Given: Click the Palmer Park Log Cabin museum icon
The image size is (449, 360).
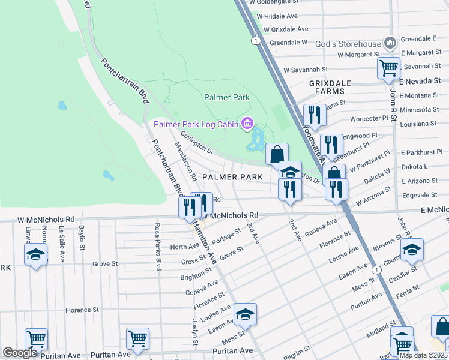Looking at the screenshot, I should [x=246, y=124].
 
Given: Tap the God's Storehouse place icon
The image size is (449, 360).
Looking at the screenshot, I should [x=391, y=43].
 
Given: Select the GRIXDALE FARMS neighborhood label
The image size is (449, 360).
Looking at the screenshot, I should [x=327, y=87].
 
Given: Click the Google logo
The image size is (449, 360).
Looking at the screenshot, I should [x=20, y=353].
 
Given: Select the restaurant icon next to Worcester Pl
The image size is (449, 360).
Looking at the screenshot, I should [x=315, y=113].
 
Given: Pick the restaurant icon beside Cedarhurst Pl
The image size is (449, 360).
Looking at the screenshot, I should [x=331, y=144].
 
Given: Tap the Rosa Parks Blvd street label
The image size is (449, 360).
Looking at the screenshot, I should [x=158, y=246].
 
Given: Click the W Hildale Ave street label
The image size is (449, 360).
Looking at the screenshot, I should [x=277, y=16].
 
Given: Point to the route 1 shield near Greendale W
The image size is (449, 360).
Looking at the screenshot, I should [x=256, y=41].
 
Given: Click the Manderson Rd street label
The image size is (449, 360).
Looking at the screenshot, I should [x=185, y=161].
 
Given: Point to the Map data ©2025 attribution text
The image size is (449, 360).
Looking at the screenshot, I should [x=423, y=355].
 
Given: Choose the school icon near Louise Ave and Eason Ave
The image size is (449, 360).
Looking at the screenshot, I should [x=245, y=314].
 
